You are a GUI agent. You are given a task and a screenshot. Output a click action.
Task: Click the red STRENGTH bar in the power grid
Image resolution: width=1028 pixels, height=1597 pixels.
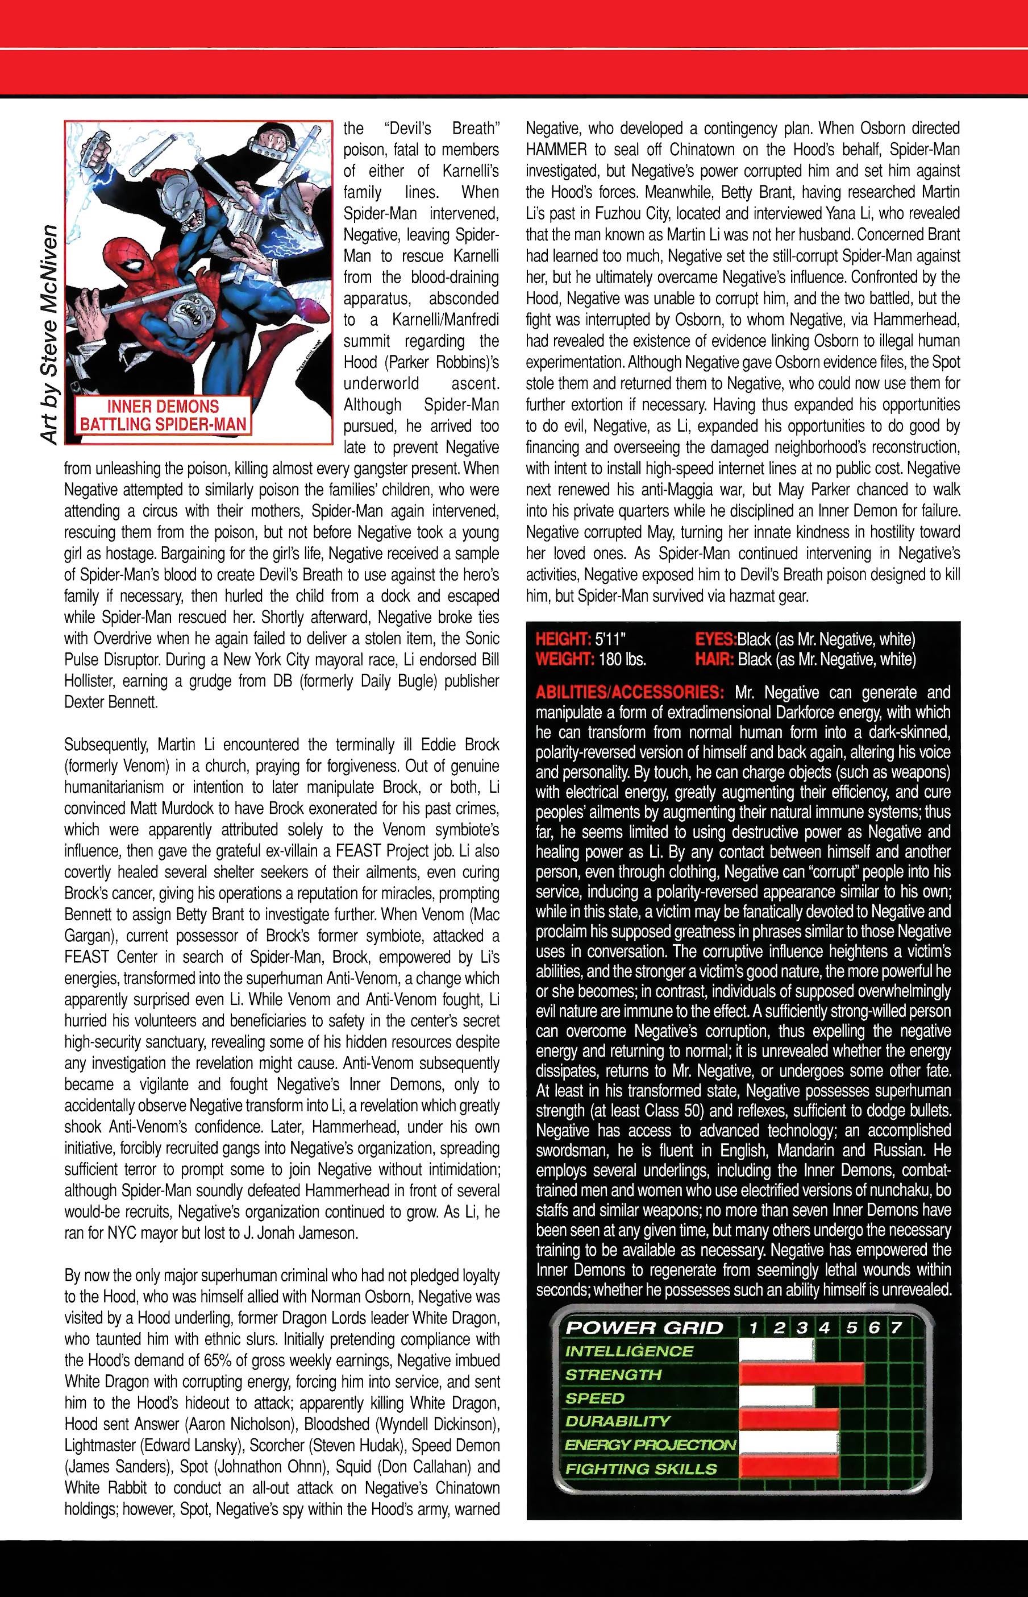click(x=801, y=1374)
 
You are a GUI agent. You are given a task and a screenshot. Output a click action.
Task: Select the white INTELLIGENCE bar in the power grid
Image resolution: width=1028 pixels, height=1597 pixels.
click(x=776, y=1351)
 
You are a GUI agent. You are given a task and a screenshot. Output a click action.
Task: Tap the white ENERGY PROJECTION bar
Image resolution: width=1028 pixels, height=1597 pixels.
click(x=788, y=1444)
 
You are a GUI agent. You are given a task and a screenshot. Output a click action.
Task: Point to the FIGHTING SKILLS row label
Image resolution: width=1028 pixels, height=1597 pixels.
click(x=631, y=1468)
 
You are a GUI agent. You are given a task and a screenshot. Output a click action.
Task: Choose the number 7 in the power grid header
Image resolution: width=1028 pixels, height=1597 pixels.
click(x=897, y=1327)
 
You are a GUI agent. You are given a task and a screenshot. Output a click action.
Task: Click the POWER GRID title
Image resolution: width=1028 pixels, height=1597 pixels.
click(x=644, y=1327)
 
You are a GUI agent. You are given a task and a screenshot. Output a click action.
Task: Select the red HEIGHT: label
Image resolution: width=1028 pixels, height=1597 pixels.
click(x=564, y=639)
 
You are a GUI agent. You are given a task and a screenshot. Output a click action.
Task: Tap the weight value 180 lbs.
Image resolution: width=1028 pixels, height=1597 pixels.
click(x=622, y=659)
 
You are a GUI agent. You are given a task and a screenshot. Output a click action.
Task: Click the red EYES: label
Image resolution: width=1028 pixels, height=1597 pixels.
click(x=715, y=639)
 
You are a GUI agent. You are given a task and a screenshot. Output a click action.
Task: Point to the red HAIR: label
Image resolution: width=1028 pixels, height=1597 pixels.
click(x=714, y=659)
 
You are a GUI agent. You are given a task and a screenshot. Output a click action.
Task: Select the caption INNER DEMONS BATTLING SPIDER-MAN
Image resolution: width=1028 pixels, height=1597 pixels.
click(x=163, y=415)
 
